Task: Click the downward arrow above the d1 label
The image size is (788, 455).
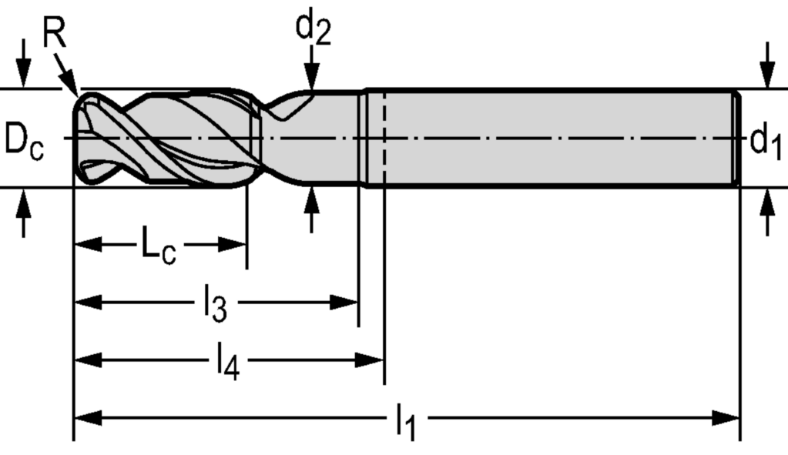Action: coord(766,77)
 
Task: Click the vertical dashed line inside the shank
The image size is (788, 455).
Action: coord(384,139)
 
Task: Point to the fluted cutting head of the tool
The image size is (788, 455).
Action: coord(166,139)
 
